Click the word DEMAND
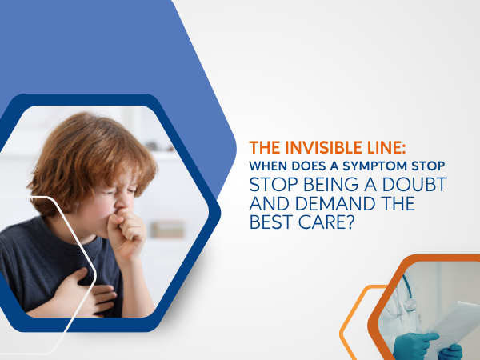(x=335, y=203)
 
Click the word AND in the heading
(x=270, y=203)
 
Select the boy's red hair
(x=92, y=159)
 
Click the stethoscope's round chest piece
(x=410, y=305)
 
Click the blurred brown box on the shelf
(x=168, y=230)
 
